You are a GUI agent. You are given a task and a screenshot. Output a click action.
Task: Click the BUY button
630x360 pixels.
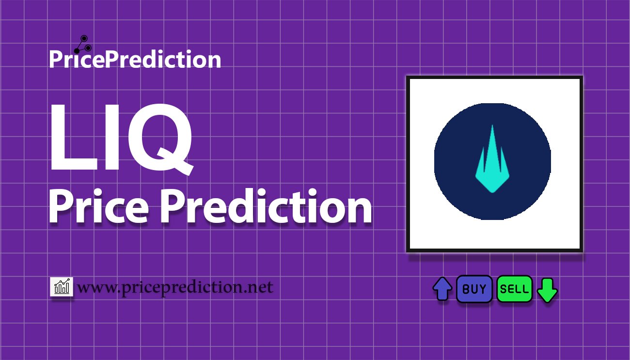pos(474,289)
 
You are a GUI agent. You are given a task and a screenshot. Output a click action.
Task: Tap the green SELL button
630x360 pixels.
pos(514,289)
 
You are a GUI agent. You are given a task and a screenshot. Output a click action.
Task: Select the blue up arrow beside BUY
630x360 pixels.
pos(442,289)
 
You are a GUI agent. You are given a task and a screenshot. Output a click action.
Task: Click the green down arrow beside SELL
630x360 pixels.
pos(548,290)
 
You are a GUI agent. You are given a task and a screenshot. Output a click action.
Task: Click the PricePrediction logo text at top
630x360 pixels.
pos(135,60)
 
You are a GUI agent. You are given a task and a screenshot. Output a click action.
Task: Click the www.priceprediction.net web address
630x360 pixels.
pos(175,287)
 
